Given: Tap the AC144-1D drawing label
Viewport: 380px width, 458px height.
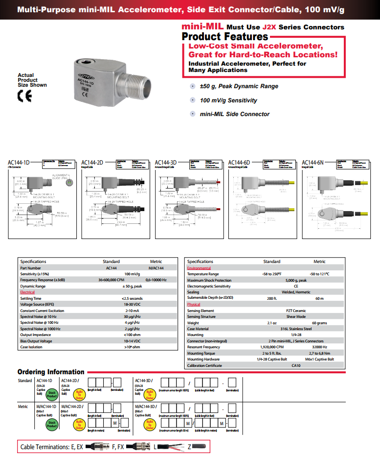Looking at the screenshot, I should (x=19, y=163).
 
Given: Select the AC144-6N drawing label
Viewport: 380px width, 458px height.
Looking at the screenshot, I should (x=313, y=163).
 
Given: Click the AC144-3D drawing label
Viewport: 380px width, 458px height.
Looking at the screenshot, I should (x=166, y=163).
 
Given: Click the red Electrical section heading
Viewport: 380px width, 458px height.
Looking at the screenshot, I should (x=27, y=292).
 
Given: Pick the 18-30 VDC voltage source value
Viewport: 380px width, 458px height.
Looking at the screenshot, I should (x=132, y=304).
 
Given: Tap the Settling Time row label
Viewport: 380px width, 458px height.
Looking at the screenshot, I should (x=31, y=298).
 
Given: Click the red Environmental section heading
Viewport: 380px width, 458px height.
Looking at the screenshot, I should (x=199, y=268).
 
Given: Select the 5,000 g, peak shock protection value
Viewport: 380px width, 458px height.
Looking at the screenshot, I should (x=296, y=280).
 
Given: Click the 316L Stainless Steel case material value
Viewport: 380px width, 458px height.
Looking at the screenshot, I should (x=296, y=329).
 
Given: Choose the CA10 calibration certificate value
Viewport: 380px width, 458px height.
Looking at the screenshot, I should (x=296, y=365).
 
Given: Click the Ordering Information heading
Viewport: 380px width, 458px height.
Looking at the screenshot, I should (x=51, y=372).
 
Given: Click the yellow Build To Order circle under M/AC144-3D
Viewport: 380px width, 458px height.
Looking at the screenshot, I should (x=151, y=424).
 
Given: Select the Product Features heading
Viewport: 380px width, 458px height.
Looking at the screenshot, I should (x=225, y=37).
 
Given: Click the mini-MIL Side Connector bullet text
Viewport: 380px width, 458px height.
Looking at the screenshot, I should (x=234, y=114).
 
